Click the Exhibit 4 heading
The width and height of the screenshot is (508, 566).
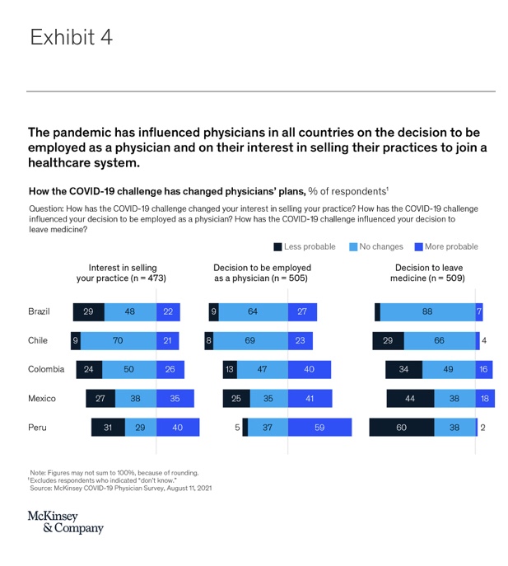click(x=72, y=38)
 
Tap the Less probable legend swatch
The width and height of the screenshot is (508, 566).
click(x=277, y=246)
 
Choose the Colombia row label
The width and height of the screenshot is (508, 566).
click(x=46, y=369)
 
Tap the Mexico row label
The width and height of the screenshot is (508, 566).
click(x=42, y=398)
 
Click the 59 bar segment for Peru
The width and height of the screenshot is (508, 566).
click(x=319, y=427)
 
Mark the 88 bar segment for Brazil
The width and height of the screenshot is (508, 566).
click(x=427, y=311)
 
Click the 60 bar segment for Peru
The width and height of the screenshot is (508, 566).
click(x=401, y=427)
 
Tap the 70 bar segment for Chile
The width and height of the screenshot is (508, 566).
click(x=118, y=340)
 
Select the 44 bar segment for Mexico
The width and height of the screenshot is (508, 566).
click(x=411, y=398)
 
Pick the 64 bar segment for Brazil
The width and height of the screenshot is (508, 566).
click(x=253, y=311)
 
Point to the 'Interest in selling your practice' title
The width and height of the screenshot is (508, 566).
click(x=122, y=273)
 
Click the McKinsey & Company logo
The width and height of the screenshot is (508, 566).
click(x=65, y=522)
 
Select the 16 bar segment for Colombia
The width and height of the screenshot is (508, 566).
click(x=485, y=369)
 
